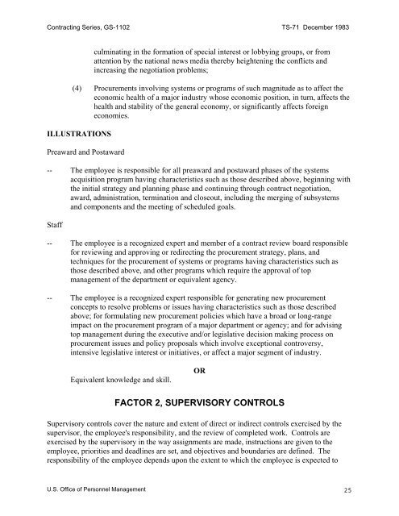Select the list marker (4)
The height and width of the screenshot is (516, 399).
pyautogui.click(x=76, y=83)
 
